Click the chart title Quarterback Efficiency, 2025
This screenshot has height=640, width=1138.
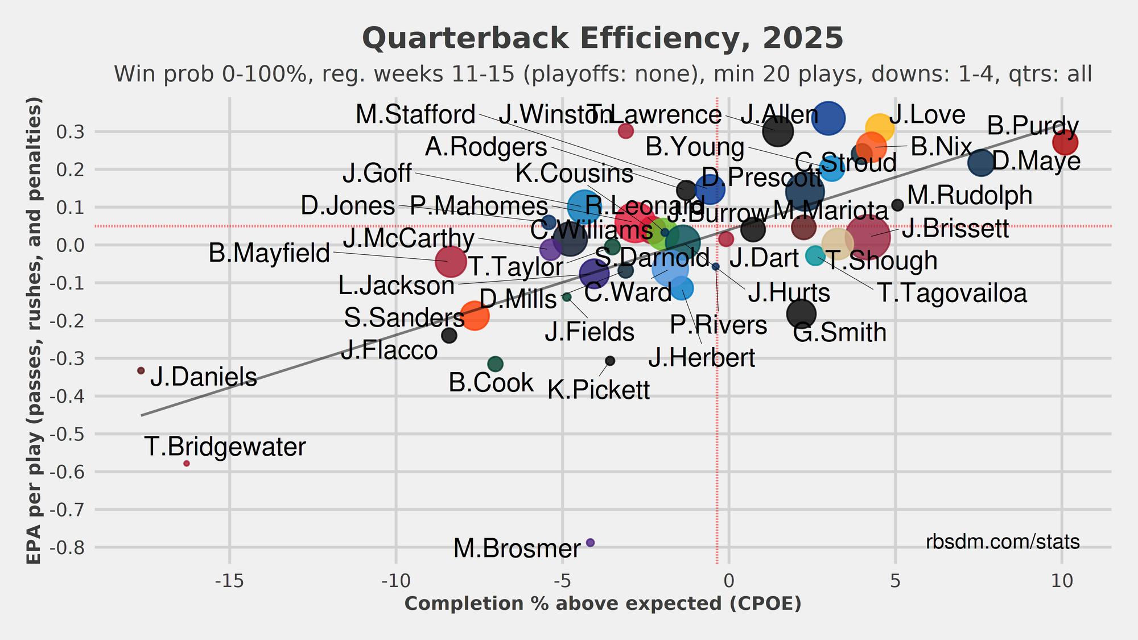[603, 39]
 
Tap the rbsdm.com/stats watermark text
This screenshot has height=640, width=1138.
[1003, 542]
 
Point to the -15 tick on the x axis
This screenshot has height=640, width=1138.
[229, 581]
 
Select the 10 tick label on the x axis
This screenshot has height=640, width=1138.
[1062, 581]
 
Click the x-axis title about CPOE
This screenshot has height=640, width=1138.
[603, 604]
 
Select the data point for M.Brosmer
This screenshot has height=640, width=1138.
[590, 543]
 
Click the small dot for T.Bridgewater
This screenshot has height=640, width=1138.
[187, 464]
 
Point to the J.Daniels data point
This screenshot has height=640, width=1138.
[141, 370]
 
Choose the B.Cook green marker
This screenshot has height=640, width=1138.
[495, 364]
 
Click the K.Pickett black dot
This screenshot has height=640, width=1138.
[610, 361]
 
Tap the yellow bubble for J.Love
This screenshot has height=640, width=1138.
[879, 129]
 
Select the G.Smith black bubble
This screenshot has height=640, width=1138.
[801, 313]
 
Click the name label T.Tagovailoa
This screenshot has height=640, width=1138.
[952, 294]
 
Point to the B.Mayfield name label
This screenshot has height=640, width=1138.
[269, 253]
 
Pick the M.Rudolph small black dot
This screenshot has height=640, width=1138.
[898, 205]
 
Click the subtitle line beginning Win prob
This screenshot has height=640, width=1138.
[603, 74]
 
